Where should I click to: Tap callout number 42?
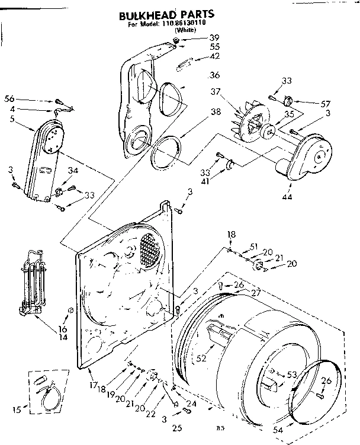[x=214, y=57]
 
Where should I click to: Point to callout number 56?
[x=9, y=99]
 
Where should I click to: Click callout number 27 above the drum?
[x=256, y=292]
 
